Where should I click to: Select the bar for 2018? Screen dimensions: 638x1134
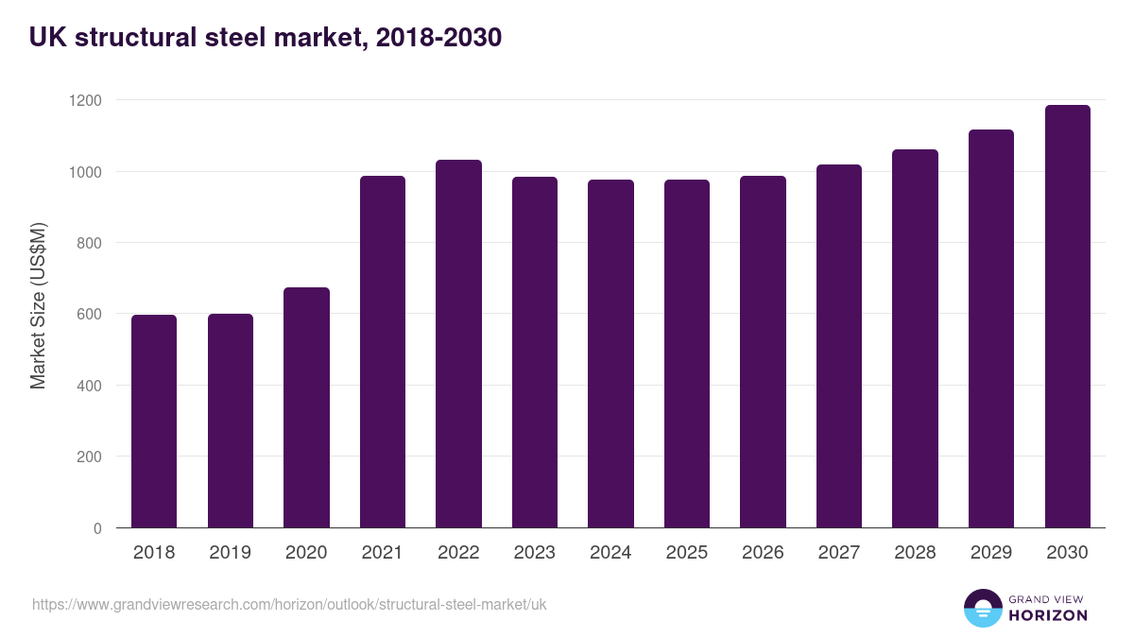click(x=154, y=422)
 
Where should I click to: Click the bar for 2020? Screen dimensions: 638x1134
click(x=306, y=407)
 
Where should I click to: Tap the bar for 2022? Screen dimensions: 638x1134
click(x=458, y=344)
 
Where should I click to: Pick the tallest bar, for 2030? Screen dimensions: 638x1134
click(x=1067, y=317)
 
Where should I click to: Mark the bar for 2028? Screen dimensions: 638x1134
click(x=915, y=338)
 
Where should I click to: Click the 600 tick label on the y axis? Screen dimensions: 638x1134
click(x=91, y=314)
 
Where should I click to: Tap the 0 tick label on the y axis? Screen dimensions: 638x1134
click(x=97, y=528)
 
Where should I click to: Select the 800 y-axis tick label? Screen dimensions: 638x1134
click(x=91, y=243)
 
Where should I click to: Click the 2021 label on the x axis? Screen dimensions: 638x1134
click(x=382, y=553)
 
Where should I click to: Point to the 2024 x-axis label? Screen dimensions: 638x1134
click(x=610, y=553)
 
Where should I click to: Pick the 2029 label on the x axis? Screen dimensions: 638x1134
click(x=990, y=553)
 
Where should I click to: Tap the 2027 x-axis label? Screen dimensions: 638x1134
click(x=838, y=553)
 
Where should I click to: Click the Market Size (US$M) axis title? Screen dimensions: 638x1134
click(x=38, y=305)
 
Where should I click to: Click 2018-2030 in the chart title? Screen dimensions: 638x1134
click(x=438, y=38)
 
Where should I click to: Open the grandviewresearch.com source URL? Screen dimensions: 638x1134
click(x=289, y=604)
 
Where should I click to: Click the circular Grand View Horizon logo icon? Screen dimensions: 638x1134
click(x=982, y=608)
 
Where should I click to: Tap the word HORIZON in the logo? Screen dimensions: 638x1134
click(x=1048, y=615)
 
